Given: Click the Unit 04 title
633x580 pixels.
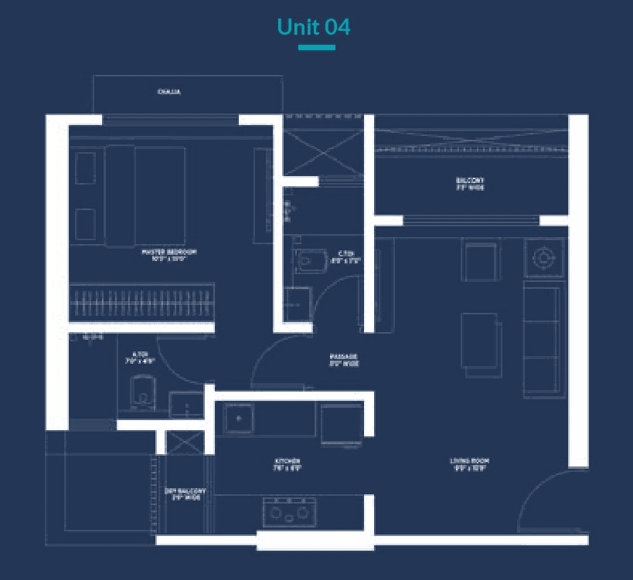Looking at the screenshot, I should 313,27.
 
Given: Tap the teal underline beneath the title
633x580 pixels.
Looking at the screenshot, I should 316,48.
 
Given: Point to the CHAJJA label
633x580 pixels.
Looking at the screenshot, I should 168,93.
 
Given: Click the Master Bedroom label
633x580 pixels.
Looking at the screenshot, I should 168,255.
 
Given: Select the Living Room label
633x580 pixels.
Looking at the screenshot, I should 470,464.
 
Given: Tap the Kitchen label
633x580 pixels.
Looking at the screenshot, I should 286,464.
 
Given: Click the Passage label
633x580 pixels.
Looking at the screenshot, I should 343,359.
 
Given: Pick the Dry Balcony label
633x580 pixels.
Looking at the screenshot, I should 185,494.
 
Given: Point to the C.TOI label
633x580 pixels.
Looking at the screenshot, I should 345,256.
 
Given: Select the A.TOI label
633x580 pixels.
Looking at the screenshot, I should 140,358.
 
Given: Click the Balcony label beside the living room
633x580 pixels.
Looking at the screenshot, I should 470,184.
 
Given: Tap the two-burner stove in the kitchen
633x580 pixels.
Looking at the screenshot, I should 290,511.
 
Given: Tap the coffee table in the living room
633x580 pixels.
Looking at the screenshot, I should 478,340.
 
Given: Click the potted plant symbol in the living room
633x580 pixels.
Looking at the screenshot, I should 543,256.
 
